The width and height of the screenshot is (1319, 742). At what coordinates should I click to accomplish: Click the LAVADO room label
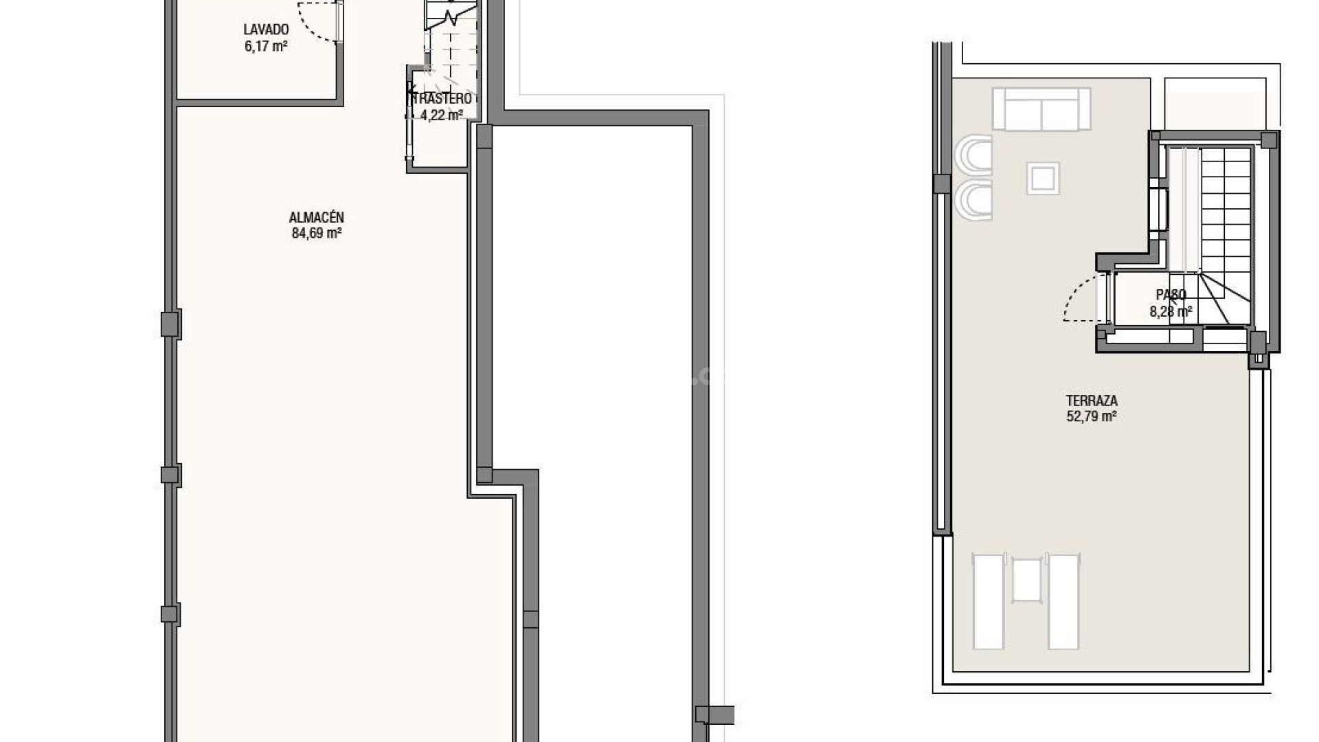(x=266, y=30)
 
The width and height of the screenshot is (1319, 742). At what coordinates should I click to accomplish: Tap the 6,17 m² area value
(x=266, y=47)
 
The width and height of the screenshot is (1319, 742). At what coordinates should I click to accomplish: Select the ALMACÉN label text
(x=317, y=218)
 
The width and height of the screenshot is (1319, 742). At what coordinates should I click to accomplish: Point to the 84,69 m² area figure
(x=317, y=234)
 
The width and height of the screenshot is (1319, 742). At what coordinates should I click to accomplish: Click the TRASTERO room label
(x=442, y=99)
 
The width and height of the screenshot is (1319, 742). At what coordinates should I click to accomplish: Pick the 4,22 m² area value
(x=442, y=115)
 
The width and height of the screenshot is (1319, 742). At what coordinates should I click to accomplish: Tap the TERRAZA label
(x=1092, y=401)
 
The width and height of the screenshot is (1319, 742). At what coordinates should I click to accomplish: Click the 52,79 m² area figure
(x=1092, y=416)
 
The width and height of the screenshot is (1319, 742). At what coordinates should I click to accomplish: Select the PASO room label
(x=1171, y=295)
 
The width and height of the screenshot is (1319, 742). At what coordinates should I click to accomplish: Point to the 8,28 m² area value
(x=1171, y=312)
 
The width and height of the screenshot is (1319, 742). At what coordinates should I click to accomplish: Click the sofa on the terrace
(x=1041, y=109)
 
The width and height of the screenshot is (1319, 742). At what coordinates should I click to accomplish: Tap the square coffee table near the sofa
(x=1043, y=179)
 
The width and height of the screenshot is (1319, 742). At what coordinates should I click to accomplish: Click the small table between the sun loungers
(x=1027, y=581)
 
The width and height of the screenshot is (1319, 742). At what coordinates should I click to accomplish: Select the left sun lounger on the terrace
(x=989, y=602)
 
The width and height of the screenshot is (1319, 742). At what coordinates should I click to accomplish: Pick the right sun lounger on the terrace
(x=1063, y=602)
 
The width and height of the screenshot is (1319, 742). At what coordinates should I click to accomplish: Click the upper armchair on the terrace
(x=973, y=155)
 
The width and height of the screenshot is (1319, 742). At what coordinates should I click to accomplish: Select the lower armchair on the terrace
(x=973, y=200)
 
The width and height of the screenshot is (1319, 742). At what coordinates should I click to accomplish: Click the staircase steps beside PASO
(x=1226, y=220)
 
